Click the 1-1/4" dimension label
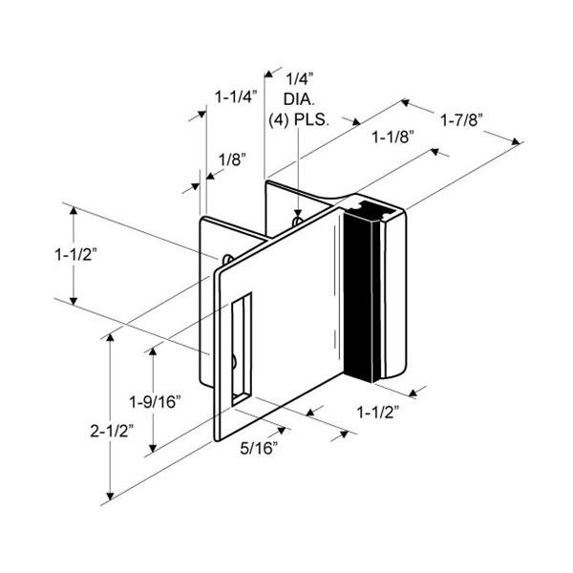click(234, 96)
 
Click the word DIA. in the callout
click(298, 99)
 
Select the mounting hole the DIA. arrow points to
click(299, 222)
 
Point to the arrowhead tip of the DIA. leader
click(299, 216)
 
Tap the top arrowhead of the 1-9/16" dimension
click(150, 350)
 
